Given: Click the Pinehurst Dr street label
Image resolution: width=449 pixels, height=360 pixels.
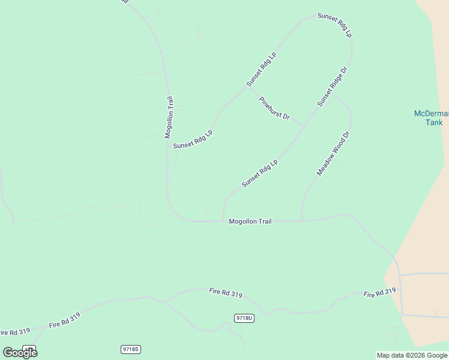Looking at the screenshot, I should pyautogui.click(x=274, y=108).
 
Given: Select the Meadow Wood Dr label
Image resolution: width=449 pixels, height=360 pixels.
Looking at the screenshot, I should pyautogui.click(x=333, y=154).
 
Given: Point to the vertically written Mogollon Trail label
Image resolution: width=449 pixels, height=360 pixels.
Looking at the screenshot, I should pyautogui.click(x=169, y=117).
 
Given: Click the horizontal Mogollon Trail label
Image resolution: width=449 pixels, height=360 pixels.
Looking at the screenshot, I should pyautogui.click(x=250, y=221).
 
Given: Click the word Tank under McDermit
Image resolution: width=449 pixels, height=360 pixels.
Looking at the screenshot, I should pyautogui.click(x=434, y=122).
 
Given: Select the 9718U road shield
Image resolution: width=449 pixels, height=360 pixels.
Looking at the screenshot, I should pyautogui.click(x=244, y=318).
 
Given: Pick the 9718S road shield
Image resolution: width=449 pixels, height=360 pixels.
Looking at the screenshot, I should pyautogui.click(x=130, y=349).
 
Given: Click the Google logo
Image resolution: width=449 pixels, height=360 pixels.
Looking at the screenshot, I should pyautogui.click(x=20, y=353).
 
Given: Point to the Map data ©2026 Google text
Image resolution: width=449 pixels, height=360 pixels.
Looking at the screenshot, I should pyautogui.click(x=412, y=355).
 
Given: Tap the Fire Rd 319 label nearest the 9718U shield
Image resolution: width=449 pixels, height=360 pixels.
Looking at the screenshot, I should pyautogui.click(x=226, y=293).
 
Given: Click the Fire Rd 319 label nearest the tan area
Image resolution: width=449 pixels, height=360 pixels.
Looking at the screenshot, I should pyautogui.click(x=379, y=293).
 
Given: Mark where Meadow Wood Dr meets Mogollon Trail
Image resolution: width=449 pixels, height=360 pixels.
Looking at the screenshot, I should pyautogui.click(x=301, y=221).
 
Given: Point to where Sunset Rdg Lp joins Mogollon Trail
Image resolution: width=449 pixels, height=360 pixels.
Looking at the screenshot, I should pyautogui.click(x=223, y=221).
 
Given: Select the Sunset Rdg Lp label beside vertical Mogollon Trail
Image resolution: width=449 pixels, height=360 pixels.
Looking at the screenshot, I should pyautogui.click(x=193, y=139).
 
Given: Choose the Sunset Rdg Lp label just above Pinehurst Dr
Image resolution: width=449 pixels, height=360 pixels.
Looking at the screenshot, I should pyautogui.click(x=261, y=69).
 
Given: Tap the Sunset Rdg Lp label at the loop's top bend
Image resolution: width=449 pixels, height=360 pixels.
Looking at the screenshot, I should pyautogui.click(x=334, y=25).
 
